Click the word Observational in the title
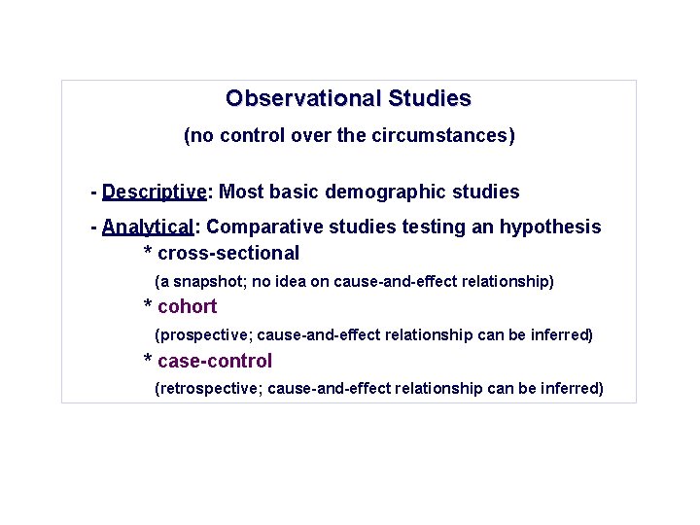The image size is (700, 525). (303, 98)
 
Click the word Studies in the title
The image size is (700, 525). (429, 98)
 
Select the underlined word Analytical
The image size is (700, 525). (148, 227)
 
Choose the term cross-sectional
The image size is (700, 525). (228, 253)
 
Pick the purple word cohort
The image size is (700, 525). (187, 307)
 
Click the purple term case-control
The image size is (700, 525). (214, 361)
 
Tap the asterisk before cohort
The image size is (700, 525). (148, 307)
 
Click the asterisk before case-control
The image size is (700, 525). (148, 361)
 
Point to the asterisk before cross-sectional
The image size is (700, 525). (148, 253)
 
